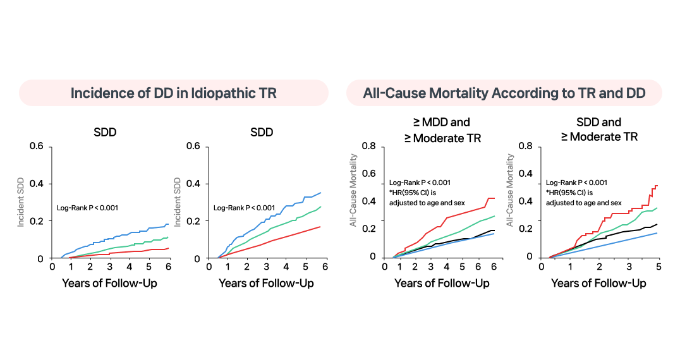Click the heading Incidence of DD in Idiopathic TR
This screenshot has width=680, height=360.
click(x=173, y=93)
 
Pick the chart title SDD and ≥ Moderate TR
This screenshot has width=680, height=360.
click(x=598, y=129)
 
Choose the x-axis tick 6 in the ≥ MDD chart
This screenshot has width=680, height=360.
click(x=494, y=267)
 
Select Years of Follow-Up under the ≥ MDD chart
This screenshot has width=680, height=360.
click(x=442, y=283)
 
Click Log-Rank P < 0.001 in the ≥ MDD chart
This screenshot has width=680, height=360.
click(x=420, y=183)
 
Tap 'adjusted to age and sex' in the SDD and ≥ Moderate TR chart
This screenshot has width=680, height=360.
click(x=583, y=202)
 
